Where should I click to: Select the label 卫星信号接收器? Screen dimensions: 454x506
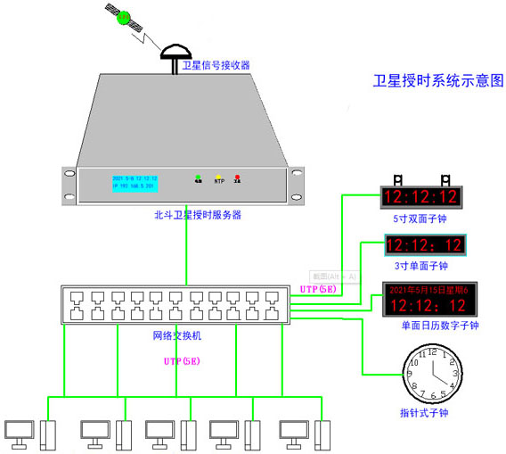pos(216,65)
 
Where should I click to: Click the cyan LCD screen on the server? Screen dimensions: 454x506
pos(135,183)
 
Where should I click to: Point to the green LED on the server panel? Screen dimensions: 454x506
pos(198,177)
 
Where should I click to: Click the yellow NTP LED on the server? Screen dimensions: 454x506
pos(218,177)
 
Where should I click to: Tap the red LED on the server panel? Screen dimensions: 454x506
pos(238,177)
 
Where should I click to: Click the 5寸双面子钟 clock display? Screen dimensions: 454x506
pos(420,196)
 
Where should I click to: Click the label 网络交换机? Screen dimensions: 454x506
pos(177,335)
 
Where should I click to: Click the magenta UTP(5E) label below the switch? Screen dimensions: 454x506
pos(182,360)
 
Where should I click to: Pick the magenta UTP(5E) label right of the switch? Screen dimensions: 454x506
pos(319,289)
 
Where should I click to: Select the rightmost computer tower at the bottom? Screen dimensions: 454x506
pos(322,434)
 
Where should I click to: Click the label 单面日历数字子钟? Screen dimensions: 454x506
pos(440,326)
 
